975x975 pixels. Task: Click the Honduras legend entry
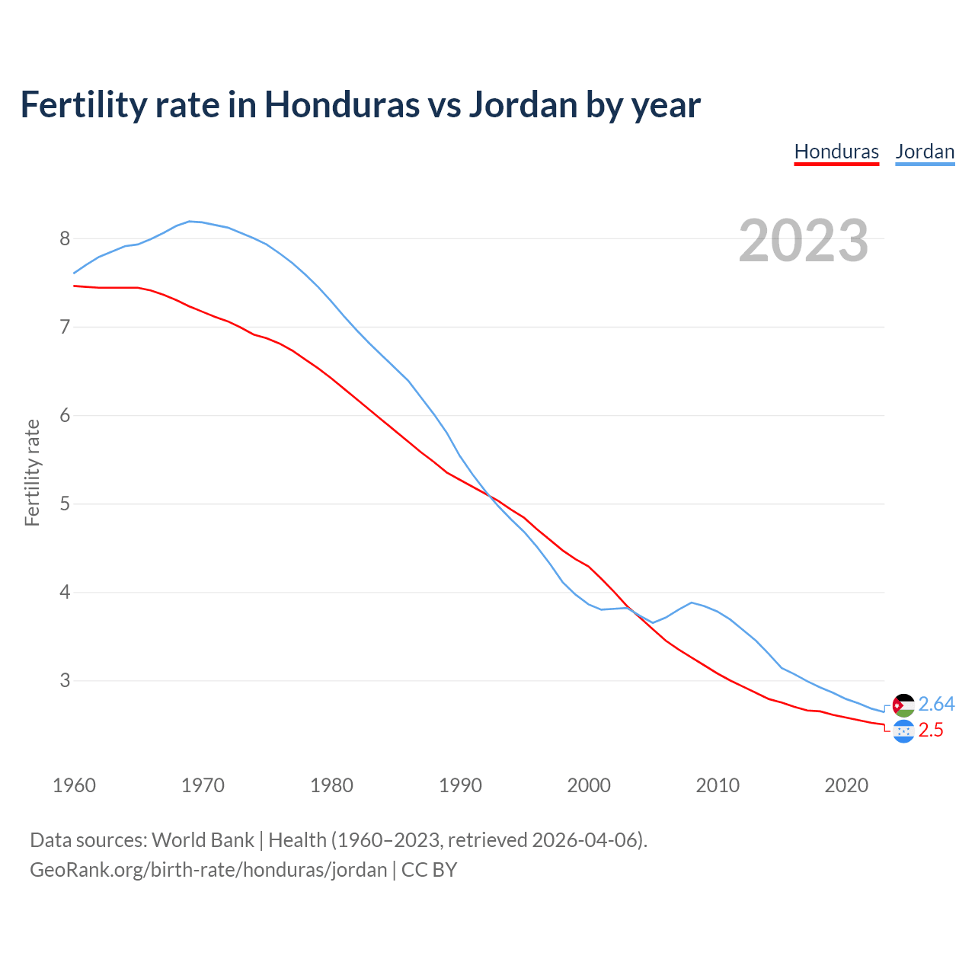coord(836,152)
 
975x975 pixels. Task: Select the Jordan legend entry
coord(925,152)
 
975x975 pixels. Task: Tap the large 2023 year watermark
coord(803,241)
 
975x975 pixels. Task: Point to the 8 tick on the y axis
coord(65,239)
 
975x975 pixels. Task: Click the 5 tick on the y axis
coord(65,504)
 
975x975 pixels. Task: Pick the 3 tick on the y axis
coord(65,681)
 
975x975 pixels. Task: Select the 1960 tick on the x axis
coord(74,785)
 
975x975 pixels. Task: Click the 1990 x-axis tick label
coord(460,785)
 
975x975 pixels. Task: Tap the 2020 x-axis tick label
coord(846,785)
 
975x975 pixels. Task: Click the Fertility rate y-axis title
coord(32,472)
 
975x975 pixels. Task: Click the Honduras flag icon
coord(903,731)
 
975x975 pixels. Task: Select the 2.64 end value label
coord(936,705)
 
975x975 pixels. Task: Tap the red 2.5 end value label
coord(931,730)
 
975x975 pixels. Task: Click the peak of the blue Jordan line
coord(190,221)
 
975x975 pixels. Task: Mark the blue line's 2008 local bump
coord(692,603)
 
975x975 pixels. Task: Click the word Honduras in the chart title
coord(342,105)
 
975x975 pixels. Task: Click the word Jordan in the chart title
coord(523,105)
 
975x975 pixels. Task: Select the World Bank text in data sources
coord(203,840)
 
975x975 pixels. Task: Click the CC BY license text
coord(429,870)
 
